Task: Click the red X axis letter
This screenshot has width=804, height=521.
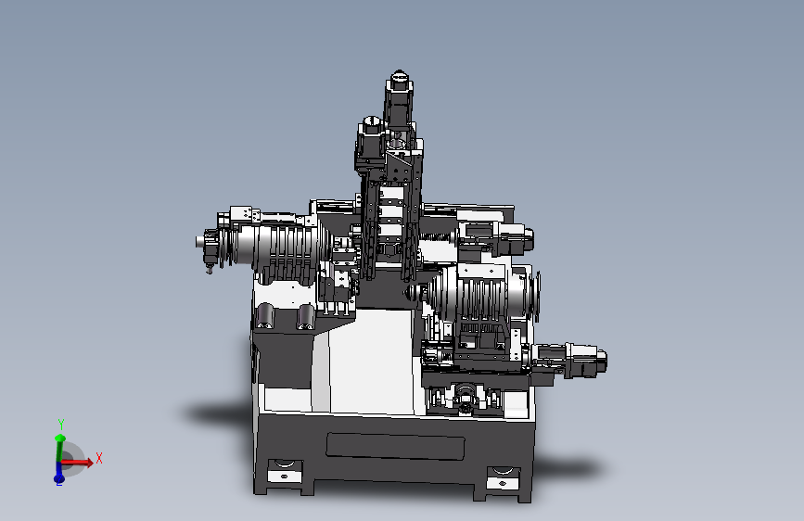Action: tap(99, 459)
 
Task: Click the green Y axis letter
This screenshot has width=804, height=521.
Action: tap(61, 424)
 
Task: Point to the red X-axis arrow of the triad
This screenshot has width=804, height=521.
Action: tap(77, 463)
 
